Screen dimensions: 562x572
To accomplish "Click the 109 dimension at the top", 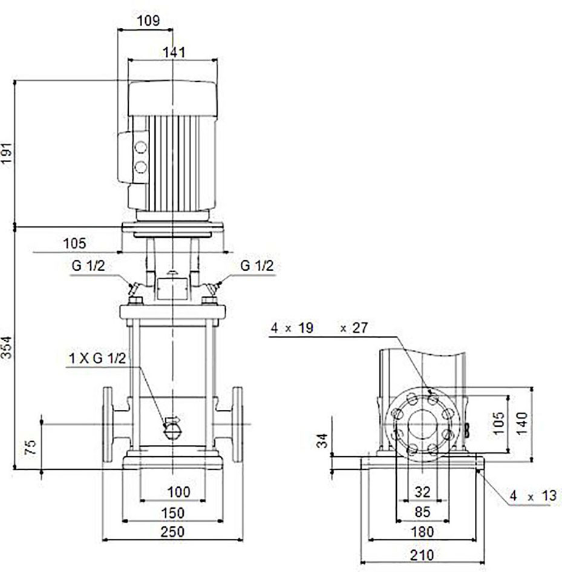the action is pos(149,21).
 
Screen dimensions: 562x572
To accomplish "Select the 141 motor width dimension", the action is pos(174,52).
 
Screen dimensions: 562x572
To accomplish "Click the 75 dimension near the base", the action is pos(31,447).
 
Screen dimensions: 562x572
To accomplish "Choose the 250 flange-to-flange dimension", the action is pos(172,532).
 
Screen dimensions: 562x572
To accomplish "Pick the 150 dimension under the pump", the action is pos(172,513).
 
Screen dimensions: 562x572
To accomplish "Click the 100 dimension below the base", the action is pos(178,492).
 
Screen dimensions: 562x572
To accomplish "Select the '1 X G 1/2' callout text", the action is pos(97,358).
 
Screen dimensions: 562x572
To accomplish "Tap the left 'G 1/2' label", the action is pos(88,266).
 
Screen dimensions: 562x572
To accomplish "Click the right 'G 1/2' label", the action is pos(256,266).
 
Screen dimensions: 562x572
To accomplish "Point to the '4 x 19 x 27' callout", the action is pos(319,328).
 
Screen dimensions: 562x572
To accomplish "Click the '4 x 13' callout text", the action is pos(533,496).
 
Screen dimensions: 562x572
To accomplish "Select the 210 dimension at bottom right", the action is pos(422,555).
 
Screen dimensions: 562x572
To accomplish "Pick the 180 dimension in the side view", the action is pos(422,532).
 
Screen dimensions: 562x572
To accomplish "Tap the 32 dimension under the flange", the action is pos(423,492).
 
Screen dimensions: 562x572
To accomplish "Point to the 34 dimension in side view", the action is pos(322,441).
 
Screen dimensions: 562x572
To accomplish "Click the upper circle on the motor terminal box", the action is pos(140,147).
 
